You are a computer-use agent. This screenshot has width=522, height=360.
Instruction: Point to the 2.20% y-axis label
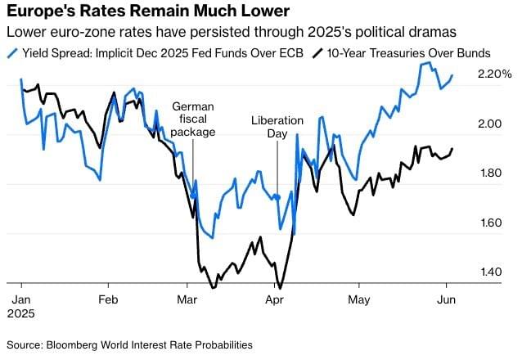click(494, 75)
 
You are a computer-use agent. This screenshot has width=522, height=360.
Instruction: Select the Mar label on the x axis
click(187, 299)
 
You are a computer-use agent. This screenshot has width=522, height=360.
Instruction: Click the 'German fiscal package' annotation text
click(194, 119)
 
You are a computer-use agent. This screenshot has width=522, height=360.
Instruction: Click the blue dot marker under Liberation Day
click(277, 197)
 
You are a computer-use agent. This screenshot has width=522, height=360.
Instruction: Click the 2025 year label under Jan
click(23, 313)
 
